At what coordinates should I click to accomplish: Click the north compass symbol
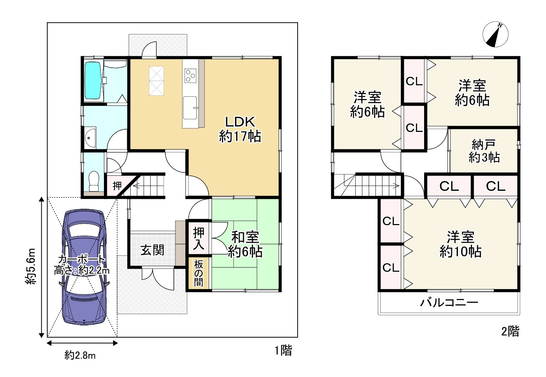[496, 34]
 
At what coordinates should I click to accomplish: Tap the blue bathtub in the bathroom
[92, 80]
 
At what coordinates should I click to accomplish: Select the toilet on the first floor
[94, 181]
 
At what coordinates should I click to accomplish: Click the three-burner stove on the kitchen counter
[190, 76]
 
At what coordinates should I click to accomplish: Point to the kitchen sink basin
[190, 108]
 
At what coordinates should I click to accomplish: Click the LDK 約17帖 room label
[240, 129]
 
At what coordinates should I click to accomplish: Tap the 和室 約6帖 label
[245, 244]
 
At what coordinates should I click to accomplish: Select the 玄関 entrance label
[152, 250]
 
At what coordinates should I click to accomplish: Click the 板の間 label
[198, 273]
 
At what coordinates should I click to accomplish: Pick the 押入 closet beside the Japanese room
[198, 239]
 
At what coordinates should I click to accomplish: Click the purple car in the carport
[84, 267]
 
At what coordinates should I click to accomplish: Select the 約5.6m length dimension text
[31, 266]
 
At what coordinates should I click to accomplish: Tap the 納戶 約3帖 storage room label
[484, 151]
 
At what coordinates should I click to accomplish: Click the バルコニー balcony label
[449, 302]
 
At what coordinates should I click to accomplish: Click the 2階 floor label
[510, 331]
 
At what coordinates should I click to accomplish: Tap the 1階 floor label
[283, 350]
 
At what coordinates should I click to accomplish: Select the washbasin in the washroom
[90, 138]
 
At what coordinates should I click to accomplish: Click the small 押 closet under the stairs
[117, 186]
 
